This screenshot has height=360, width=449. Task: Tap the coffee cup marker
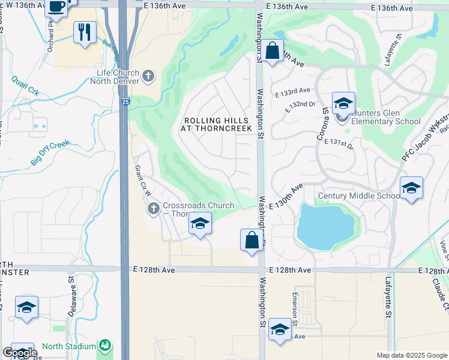tap(56, 7)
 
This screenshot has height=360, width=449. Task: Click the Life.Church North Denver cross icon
tap(149, 76)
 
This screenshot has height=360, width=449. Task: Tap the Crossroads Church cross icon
tap(153, 208)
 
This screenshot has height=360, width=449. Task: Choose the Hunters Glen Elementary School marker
tap(343, 103)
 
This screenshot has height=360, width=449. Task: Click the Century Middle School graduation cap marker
tap(411, 188)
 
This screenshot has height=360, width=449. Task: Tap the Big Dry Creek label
tap(50, 153)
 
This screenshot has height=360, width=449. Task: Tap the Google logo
tap(20, 352)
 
